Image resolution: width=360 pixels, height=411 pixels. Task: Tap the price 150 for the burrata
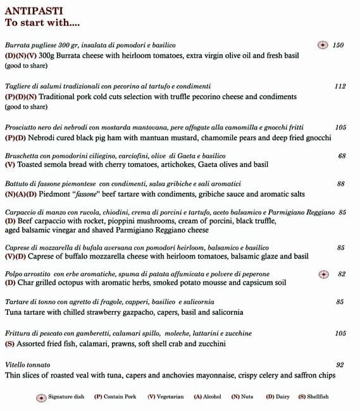[338, 46]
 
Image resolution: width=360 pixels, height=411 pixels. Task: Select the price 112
[340, 86]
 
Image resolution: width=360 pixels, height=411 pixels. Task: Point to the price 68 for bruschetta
[342, 156]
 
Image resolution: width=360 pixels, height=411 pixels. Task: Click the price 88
[340, 184]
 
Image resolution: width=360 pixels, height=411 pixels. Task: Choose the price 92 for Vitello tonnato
[340, 365]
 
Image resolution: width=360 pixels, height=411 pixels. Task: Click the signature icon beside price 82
[323, 274]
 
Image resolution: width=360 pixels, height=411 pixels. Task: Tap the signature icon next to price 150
[322, 46]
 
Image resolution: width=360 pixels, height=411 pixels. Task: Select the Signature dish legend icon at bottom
[42, 397]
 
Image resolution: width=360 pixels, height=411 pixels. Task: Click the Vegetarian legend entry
[166, 397]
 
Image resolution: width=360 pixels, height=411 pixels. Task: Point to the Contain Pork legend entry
[115, 397]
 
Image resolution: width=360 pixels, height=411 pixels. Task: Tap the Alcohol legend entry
[208, 397]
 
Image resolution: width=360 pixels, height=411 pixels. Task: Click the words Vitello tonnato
[27, 365]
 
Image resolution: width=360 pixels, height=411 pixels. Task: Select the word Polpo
[13, 274]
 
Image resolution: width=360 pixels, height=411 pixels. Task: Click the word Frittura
[18, 333]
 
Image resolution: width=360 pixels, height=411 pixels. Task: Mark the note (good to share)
[26, 66]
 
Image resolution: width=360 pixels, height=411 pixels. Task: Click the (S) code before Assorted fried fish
[9, 344]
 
